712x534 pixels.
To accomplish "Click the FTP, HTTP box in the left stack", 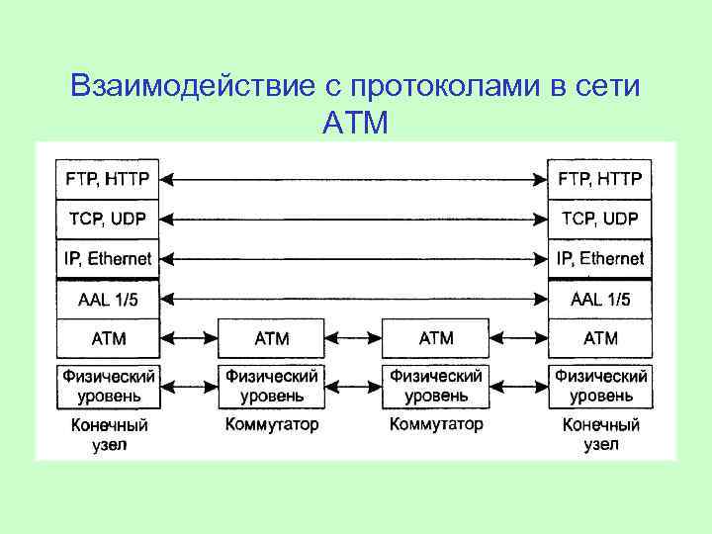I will click(108, 179).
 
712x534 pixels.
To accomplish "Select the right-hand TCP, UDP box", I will click(600, 219).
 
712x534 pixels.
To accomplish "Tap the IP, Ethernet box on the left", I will click(108, 258).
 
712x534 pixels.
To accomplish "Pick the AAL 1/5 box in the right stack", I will click(600, 299).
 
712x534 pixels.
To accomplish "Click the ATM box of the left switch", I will click(272, 338).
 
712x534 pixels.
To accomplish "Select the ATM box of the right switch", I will click(436, 338).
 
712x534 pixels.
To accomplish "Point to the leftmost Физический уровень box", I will click(108, 386).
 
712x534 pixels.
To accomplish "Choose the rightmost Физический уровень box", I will click(600, 386).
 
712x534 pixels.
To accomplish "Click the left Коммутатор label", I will click(272, 425).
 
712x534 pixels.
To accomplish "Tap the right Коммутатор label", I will click(436, 425).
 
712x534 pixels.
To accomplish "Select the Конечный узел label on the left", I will click(108, 435).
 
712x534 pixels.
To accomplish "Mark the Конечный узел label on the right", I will click(600, 435).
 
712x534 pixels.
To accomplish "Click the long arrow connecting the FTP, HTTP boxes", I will click(354, 179).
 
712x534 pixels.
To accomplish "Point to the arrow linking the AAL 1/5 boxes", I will click(354, 298).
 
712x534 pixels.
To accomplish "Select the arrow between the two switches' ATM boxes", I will click(354, 338).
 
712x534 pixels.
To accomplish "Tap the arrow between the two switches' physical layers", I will click(354, 386).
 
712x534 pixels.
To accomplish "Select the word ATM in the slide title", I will click(356, 124).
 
